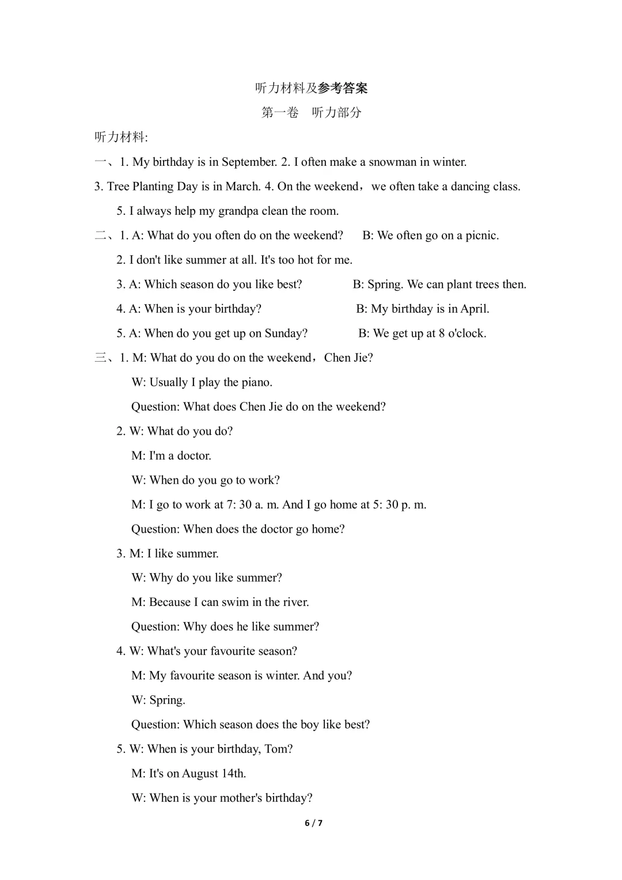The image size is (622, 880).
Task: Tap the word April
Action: click(475, 309)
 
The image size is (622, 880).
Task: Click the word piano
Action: click(256, 382)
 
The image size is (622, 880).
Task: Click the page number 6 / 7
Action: click(313, 823)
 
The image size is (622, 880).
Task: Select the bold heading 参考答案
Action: click(343, 88)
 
